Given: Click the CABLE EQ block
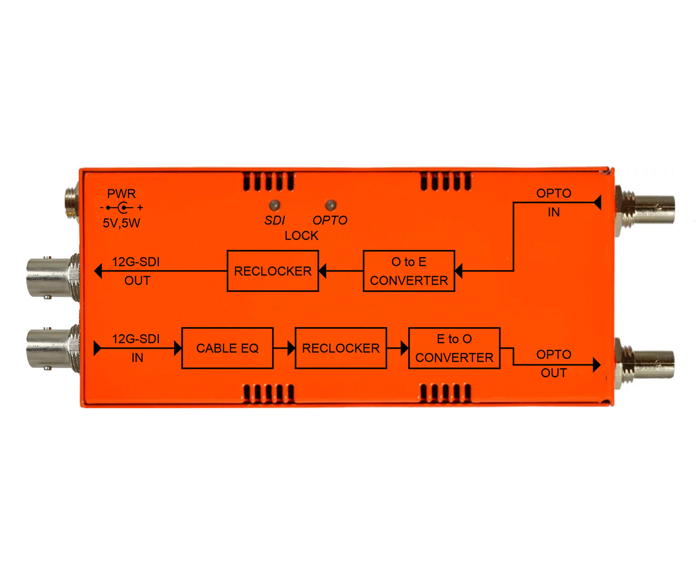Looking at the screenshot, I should pyautogui.click(x=228, y=348).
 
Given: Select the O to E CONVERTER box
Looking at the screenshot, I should pyautogui.click(x=409, y=271).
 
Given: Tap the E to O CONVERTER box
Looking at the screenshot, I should pyautogui.click(x=454, y=348).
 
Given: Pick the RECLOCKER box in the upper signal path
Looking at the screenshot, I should pyautogui.click(x=273, y=271).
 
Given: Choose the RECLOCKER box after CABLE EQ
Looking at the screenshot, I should pyautogui.click(x=341, y=348).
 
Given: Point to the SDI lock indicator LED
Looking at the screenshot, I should pyautogui.click(x=275, y=205).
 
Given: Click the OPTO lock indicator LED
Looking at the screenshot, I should pyautogui.click(x=330, y=205).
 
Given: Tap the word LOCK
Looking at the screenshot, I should pyautogui.click(x=301, y=236).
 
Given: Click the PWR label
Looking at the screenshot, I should pyautogui.click(x=122, y=194).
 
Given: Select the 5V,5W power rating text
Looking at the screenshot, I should pyautogui.click(x=122, y=223).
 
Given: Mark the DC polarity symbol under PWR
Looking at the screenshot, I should pyautogui.click(x=122, y=208).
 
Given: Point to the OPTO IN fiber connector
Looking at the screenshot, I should pyautogui.click(x=647, y=210).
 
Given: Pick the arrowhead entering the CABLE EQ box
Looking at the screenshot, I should pyautogui.click(x=178, y=348).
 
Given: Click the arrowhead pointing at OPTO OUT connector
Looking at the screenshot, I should pyautogui.click(x=597, y=365).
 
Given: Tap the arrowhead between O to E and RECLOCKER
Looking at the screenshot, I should pyautogui.click(x=322, y=271).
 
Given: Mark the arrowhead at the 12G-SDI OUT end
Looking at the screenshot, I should pyautogui.click(x=98, y=271).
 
